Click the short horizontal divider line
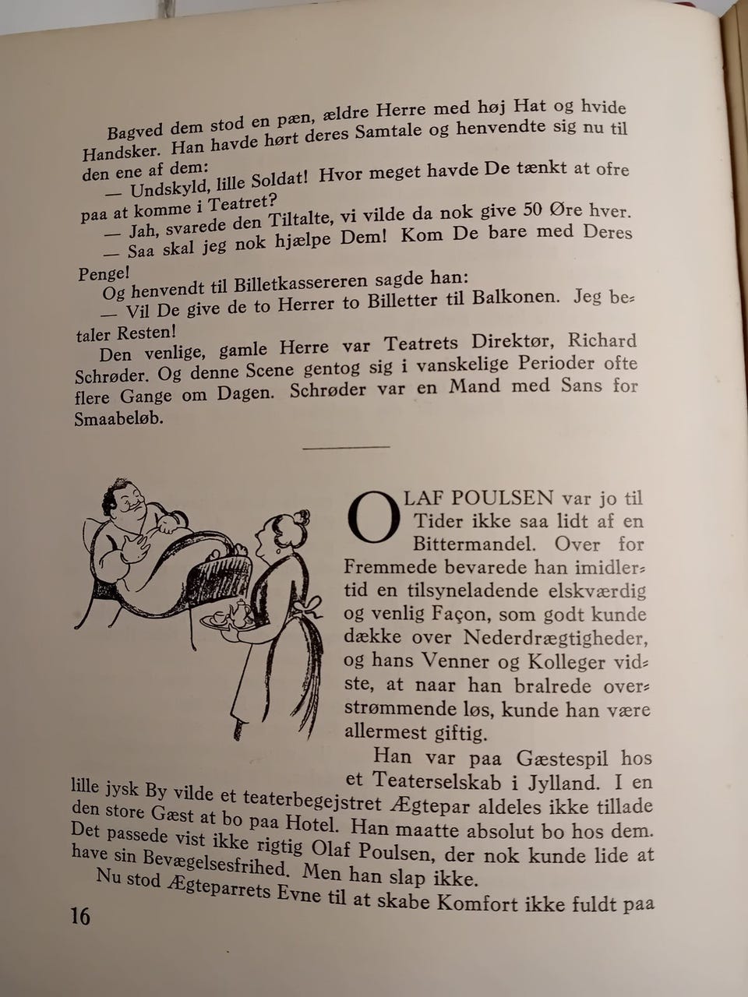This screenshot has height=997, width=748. coord(346,447)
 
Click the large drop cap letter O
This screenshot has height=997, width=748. coord(372,516)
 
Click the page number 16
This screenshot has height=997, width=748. coord(80,916)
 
